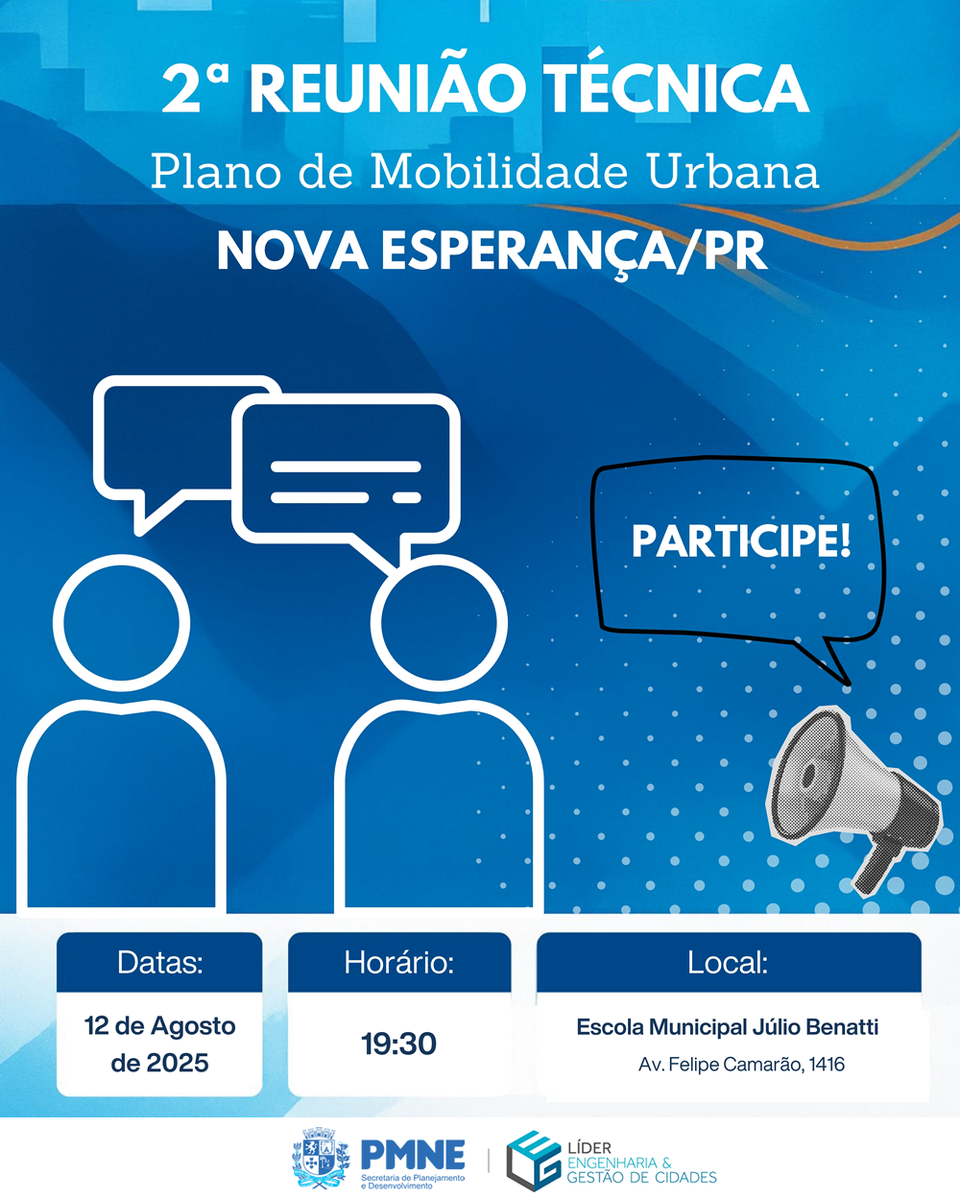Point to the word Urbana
point(732,171)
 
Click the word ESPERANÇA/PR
point(573,252)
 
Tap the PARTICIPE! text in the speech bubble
point(741,540)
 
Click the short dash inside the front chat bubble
point(407,497)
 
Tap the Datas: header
point(159,962)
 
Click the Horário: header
point(399,962)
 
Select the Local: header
point(728,962)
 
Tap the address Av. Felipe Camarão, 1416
point(741,1064)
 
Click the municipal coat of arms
point(322,1160)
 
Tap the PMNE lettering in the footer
point(413,1154)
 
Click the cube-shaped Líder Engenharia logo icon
point(533,1161)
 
